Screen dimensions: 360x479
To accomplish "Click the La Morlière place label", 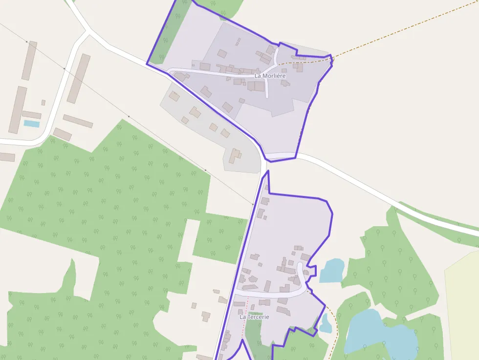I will pos(270,76).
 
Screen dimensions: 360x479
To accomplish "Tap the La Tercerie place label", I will pos(254,317).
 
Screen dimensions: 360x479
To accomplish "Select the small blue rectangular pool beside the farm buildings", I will pos(32,124).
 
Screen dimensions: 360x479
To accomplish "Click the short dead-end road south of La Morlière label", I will pos(267,88).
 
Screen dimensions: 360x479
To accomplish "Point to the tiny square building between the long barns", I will pos(43,103).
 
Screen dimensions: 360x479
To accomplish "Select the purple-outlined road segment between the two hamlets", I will pos(280,156).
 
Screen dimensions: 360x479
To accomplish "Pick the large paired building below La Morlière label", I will pos(256,86).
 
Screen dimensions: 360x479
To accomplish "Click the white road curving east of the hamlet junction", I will pos(371,191).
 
